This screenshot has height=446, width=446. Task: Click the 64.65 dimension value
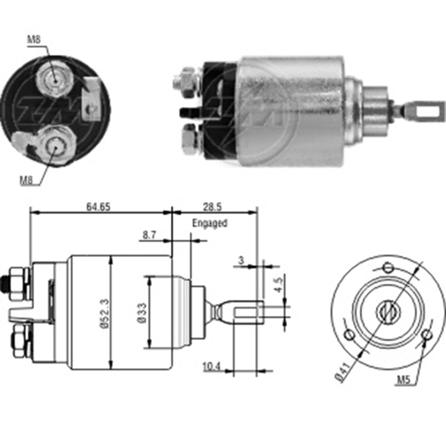tap(98, 207)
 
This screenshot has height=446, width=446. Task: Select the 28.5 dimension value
tap(212, 207)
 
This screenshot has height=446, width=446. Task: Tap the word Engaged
tap(210, 223)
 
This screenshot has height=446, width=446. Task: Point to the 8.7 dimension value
tap(149, 235)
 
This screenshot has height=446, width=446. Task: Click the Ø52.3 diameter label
tap(104, 314)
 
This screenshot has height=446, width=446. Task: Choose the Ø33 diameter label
tap(142, 313)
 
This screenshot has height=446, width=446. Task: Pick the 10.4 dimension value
tap(211, 367)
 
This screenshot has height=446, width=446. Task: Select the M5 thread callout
tap(404, 380)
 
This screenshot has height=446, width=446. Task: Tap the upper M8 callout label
tap(34, 39)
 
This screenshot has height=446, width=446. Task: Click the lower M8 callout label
tap(26, 180)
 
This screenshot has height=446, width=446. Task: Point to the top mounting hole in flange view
tap(388, 268)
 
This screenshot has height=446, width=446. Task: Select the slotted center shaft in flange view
tap(388, 311)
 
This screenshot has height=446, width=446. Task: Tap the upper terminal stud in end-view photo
tap(54, 80)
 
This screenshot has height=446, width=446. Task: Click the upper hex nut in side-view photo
tap(185, 81)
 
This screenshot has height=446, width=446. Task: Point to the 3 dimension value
tap(241, 260)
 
